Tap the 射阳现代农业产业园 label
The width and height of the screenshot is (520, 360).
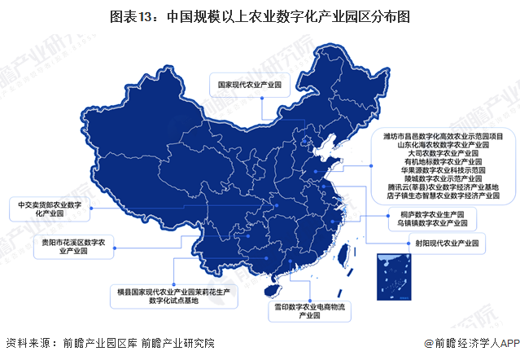pyautogui.click(x=447, y=243)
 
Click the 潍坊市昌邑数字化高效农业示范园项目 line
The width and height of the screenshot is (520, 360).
pyautogui.click(x=444, y=134)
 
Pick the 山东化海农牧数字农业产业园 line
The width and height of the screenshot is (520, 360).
pyautogui.click(x=444, y=144)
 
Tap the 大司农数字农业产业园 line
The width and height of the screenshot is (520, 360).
pyautogui.click(x=444, y=153)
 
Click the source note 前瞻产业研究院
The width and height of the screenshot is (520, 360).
pyautogui.click(x=178, y=343)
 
